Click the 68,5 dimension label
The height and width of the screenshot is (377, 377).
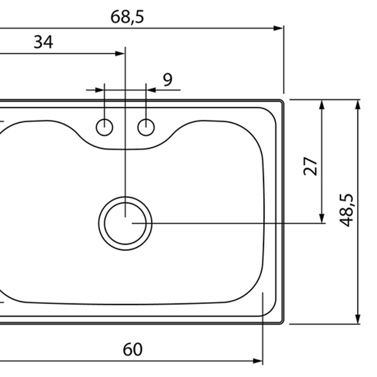point(127,17)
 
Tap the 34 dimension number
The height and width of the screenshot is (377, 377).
point(43,42)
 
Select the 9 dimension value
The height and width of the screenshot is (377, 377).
point(168,79)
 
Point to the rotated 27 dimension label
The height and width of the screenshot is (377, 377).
point(310,166)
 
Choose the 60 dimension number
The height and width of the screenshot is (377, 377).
point(133,349)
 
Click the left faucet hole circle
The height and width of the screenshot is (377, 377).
point(105,127)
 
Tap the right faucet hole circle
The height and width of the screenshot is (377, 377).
point(146,127)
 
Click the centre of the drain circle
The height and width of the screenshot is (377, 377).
point(125,223)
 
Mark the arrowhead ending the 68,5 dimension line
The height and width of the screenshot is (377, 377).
point(278,28)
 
